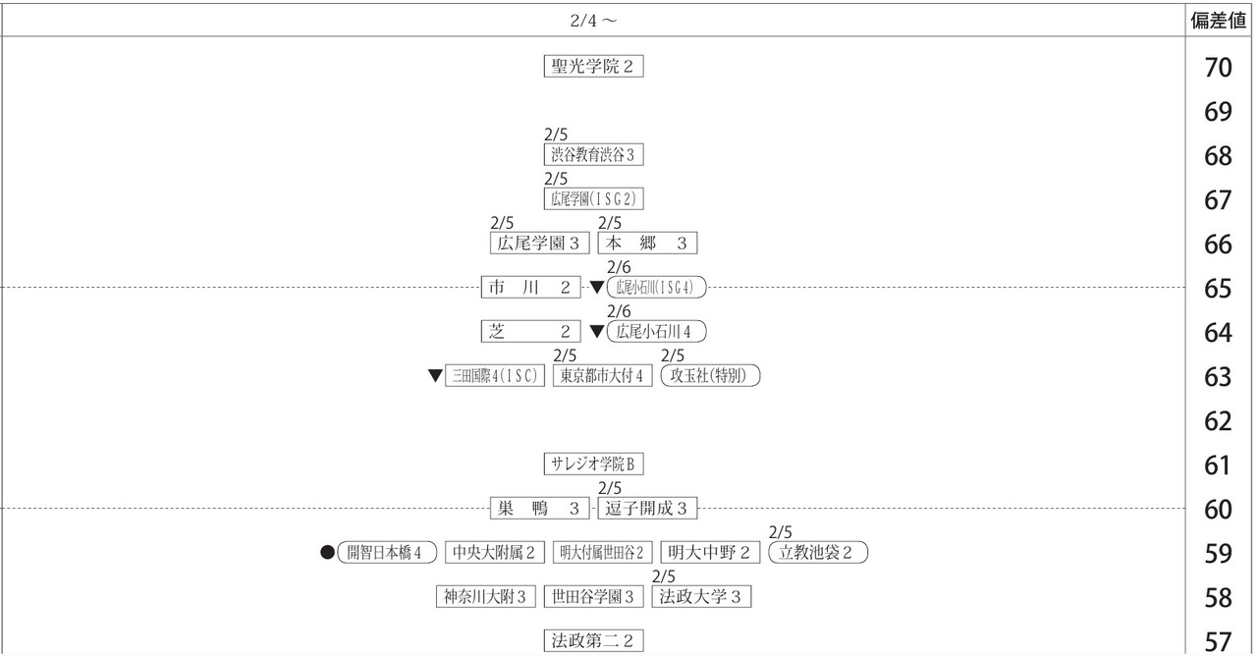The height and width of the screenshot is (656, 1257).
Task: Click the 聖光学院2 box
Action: [x=594, y=66]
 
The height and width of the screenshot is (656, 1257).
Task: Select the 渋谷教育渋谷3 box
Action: [x=594, y=155]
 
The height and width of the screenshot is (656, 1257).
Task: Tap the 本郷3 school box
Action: [x=647, y=243]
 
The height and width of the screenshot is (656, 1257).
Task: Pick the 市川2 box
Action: [x=531, y=288]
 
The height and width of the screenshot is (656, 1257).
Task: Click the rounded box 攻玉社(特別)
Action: [x=710, y=375]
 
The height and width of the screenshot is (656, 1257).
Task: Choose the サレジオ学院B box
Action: [x=594, y=465]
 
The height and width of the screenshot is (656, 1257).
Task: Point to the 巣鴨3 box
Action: [x=540, y=509]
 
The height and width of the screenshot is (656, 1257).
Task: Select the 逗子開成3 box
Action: [x=647, y=509]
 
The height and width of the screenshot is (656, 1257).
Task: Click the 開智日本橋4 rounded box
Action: [x=387, y=552]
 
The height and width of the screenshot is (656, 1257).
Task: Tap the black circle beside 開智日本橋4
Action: [x=328, y=552]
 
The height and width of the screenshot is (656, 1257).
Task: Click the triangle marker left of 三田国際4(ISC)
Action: [x=435, y=375]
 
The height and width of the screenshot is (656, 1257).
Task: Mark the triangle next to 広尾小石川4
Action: [x=597, y=332]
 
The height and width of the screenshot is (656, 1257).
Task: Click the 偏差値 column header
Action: [x=1219, y=21]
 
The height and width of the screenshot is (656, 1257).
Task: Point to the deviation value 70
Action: [x=1219, y=68]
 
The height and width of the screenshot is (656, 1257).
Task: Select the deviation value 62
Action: [x=1219, y=421]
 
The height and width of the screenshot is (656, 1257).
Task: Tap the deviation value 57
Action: [x=1219, y=642]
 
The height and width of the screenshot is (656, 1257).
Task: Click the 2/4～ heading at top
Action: [x=594, y=21]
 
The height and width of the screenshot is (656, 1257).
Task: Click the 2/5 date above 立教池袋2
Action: [x=780, y=532]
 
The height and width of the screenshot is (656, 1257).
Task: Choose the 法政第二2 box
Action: [x=594, y=641]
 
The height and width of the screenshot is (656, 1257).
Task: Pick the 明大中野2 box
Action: [x=710, y=552]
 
